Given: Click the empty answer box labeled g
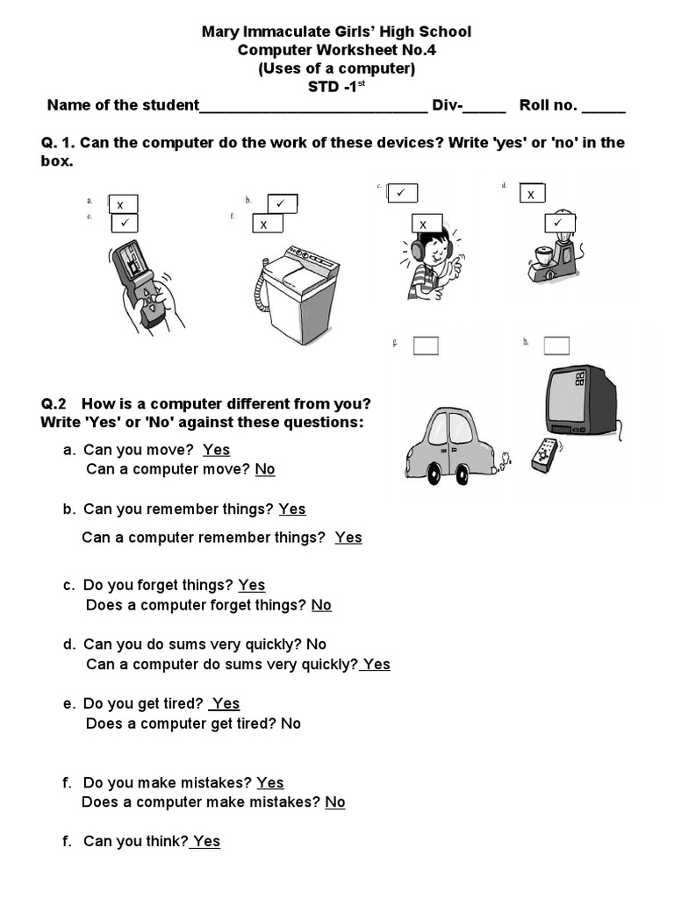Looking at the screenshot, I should click(x=426, y=346).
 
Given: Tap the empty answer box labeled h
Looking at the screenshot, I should click(x=556, y=346).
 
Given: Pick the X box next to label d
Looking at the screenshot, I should click(x=532, y=194).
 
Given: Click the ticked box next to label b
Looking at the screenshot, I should click(x=282, y=203).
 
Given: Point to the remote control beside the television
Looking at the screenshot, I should click(x=545, y=455).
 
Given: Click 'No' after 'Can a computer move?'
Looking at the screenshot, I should click(x=265, y=469).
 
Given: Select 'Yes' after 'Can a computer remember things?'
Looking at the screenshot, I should click(x=348, y=538).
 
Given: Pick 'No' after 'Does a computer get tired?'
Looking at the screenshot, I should click(x=290, y=723).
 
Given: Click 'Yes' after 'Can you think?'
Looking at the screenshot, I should click(x=206, y=842).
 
